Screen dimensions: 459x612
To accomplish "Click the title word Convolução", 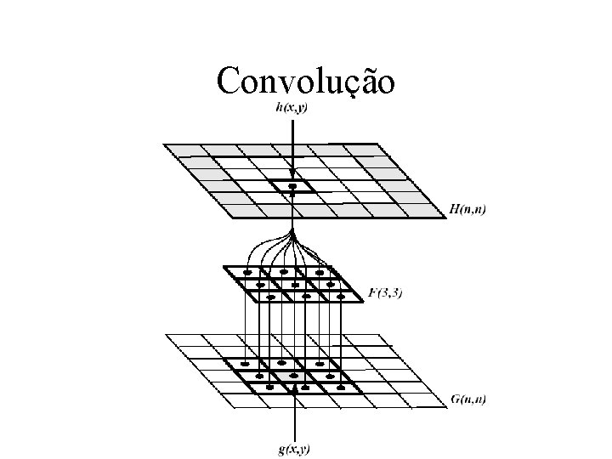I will pos(305,82).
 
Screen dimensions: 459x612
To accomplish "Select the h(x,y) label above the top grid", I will pos(291,107).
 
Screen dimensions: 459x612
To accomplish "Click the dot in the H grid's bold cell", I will pos(292,185).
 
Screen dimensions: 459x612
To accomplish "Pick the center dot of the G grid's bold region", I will pos(293,374).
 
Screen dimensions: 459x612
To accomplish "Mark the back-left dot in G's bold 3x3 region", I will pos(246,363).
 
